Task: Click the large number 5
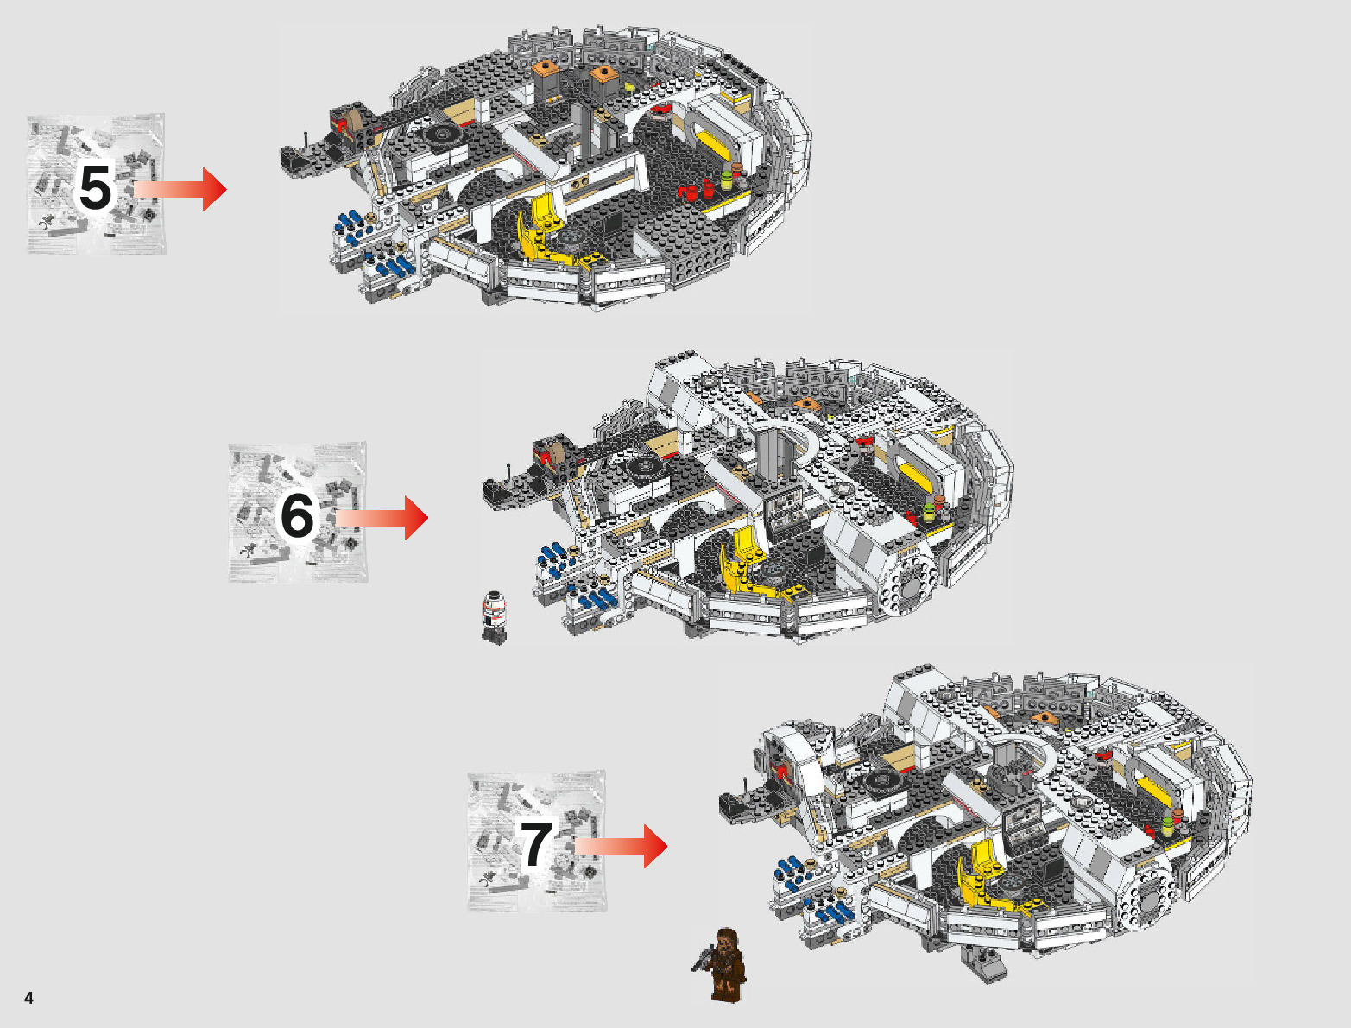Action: click(95, 186)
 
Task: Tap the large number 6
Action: click(297, 515)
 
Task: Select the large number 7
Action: click(535, 843)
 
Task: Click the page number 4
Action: click(29, 998)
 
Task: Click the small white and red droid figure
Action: click(494, 615)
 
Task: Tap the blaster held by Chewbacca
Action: click(703, 957)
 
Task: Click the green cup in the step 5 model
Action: click(727, 180)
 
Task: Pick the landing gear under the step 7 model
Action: click(985, 962)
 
